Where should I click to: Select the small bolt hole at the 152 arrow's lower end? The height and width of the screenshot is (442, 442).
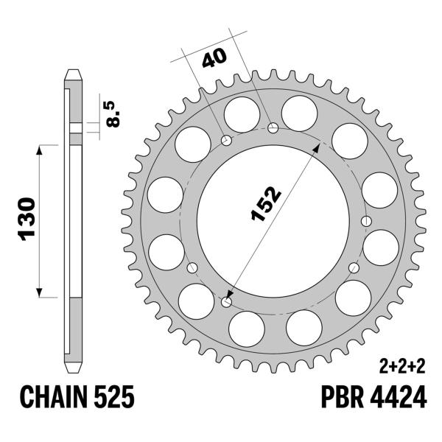coord(226,301)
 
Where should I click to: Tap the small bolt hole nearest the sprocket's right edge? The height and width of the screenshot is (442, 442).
coord(366,220)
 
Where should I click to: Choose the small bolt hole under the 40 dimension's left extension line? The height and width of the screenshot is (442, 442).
coord(226,140)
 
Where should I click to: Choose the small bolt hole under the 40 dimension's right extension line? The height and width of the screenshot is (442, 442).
coord(274,129)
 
